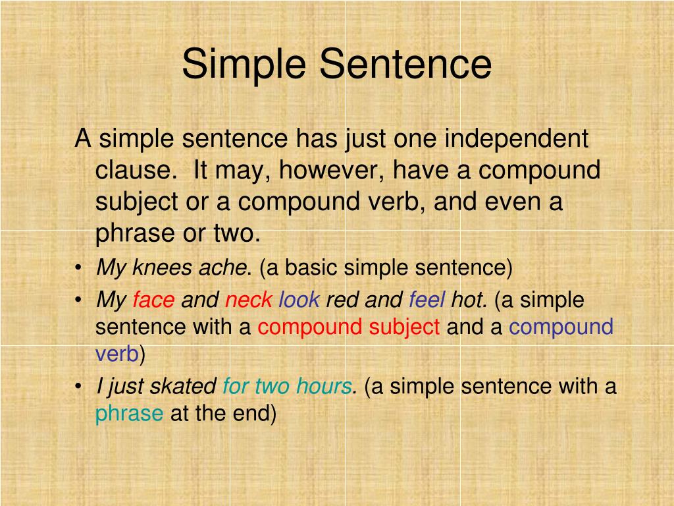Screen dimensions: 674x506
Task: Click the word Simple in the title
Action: click(244, 65)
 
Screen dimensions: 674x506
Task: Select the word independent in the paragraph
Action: click(516, 138)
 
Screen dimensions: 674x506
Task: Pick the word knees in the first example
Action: click(162, 267)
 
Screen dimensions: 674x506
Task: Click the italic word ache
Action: click(224, 267)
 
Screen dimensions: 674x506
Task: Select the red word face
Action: click(153, 300)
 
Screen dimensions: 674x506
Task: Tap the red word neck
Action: click(248, 300)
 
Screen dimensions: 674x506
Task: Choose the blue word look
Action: click(299, 300)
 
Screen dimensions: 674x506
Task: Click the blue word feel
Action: click(427, 300)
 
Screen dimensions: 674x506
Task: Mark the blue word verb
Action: click(117, 354)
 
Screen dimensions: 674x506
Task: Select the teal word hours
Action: click(324, 386)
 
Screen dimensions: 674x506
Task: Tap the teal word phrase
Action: click(129, 414)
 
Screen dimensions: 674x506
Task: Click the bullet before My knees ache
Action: click(78, 268)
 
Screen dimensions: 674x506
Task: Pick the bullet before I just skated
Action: click(78, 387)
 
